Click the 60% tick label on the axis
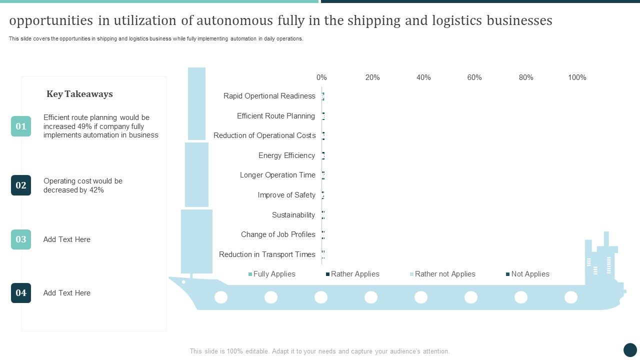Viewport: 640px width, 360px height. (x=474, y=77)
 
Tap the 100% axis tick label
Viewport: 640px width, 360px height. (x=577, y=77)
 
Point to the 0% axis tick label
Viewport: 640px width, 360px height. (x=321, y=77)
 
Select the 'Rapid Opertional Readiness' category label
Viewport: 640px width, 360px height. (x=269, y=96)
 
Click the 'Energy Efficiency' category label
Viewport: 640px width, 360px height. (x=286, y=155)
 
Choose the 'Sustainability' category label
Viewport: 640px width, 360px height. (x=293, y=215)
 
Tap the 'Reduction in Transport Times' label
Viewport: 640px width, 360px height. (x=267, y=254)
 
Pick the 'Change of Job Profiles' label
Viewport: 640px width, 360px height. (x=278, y=234)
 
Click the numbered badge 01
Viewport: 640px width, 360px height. (x=21, y=126)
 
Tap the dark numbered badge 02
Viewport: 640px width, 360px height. (x=21, y=185)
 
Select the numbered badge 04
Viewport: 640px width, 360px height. (x=21, y=293)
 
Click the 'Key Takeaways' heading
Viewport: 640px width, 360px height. (x=79, y=94)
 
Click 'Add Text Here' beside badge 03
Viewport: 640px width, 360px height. (x=67, y=239)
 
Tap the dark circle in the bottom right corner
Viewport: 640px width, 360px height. (x=630, y=350)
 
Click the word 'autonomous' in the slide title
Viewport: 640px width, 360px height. (x=230, y=20)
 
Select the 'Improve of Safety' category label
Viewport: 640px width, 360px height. (x=286, y=195)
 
